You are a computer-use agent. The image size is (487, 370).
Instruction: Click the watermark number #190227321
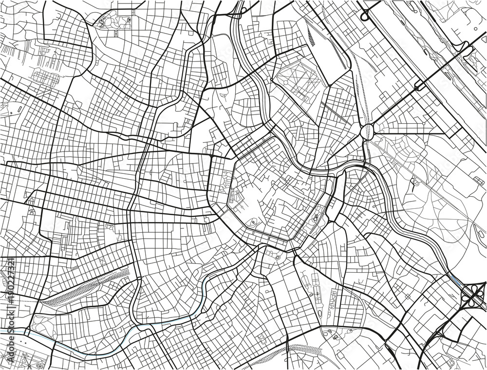pyautogui.click(x=10, y=293)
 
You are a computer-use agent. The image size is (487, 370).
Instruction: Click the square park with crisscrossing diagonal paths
pyautogui.click(x=297, y=77)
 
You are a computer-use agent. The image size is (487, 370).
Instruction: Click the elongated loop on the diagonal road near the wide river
pyautogui.click(x=419, y=85)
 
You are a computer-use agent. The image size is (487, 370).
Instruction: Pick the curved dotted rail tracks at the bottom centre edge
pyautogui.click(x=292, y=355)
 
